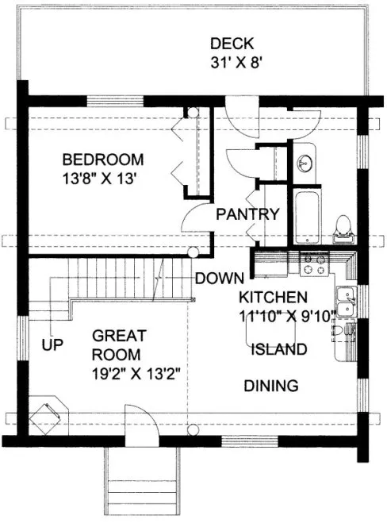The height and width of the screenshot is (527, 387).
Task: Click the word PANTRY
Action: pyautogui.click(x=247, y=213)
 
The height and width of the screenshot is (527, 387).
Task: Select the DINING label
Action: pyautogui.click(x=270, y=387)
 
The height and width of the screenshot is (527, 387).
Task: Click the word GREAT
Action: pyautogui.click(x=119, y=335)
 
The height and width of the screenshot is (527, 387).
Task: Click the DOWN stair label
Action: pyautogui.click(x=217, y=278)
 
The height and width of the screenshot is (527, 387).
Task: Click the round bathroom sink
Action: pyautogui.click(x=304, y=163)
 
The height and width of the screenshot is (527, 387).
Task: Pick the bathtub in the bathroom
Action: pyautogui.click(x=305, y=217)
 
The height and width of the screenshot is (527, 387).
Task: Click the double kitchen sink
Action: pyautogui.click(x=345, y=302)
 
